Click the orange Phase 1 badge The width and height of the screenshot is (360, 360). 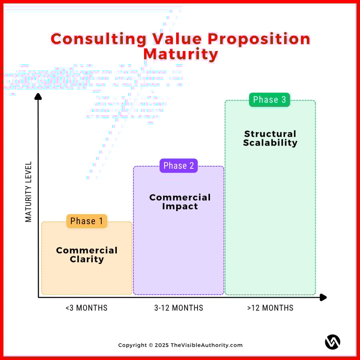click(x=86, y=221)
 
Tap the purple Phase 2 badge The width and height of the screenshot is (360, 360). click(x=178, y=166)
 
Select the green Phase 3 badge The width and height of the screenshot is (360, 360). click(x=269, y=100)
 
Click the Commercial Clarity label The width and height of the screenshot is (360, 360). click(x=86, y=255)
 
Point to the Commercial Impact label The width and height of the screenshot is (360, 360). click(x=180, y=202)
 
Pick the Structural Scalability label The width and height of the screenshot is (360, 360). click(x=270, y=138)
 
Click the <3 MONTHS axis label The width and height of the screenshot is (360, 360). click(x=86, y=308)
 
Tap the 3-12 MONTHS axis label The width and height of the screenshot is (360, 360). click(x=178, y=308)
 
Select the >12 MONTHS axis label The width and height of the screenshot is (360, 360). click(x=270, y=308)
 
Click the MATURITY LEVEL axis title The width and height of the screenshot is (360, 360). click(x=28, y=192)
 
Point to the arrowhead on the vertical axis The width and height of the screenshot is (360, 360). click(x=38, y=96)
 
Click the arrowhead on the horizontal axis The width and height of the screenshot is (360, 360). click(x=323, y=297)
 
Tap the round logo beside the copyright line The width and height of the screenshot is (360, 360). click(x=332, y=342)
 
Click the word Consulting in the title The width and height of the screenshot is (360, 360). click(x=99, y=39)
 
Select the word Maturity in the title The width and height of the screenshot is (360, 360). click(x=180, y=54)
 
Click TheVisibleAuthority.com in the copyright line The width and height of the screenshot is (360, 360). click(x=206, y=345)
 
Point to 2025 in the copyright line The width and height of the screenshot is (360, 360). click(x=162, y=345)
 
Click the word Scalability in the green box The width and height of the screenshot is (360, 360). click(x=270, y=143)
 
